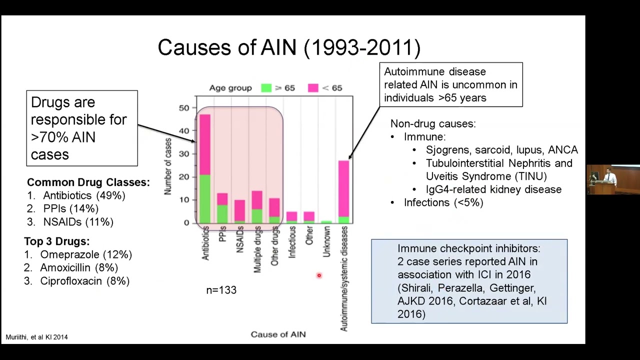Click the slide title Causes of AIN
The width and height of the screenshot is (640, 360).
pyautogui.click(x=289, y=48)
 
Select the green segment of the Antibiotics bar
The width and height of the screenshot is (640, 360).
pyautogui.click(x=204, y=199)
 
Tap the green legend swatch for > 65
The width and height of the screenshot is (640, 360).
pyautogui.click(x=266, y=88)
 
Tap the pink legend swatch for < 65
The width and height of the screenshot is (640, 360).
pyautogui.click(x=313, y=88)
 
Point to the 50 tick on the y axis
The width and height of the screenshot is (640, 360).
pyautogui.click(x=183, y=108)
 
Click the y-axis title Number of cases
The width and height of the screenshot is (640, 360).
pyautogui.click(x=168, y=166)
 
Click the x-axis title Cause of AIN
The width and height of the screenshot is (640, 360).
pyautogui.click(x=278, y=334)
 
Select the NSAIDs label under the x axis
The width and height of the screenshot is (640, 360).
pyautogui.click(x=239, y=239)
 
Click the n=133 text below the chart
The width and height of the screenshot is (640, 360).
pyautogui.click(x=221, y=290)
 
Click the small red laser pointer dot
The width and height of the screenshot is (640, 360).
pyautogui.click(x=319, y=275)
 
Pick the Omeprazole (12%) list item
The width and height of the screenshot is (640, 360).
pyautogui.click(x=85, y=254)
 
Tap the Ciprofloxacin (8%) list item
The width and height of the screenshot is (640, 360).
pyautogui.click(x=84, y=281)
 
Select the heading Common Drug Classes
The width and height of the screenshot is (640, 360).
pyautogui.click(x=88, y=182)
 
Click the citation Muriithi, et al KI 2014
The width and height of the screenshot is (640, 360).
pyautogui.click(x=36, y=337)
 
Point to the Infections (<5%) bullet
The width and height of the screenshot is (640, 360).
pyautogui.click(x=443, y=202)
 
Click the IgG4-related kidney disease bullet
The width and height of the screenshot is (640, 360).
pyautogui.click(x=493, y=189)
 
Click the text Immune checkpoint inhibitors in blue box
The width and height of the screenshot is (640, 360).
pyautogui.click(x=468, y=248)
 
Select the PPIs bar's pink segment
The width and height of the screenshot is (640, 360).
pyautogui.click(x=222, y=199)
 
